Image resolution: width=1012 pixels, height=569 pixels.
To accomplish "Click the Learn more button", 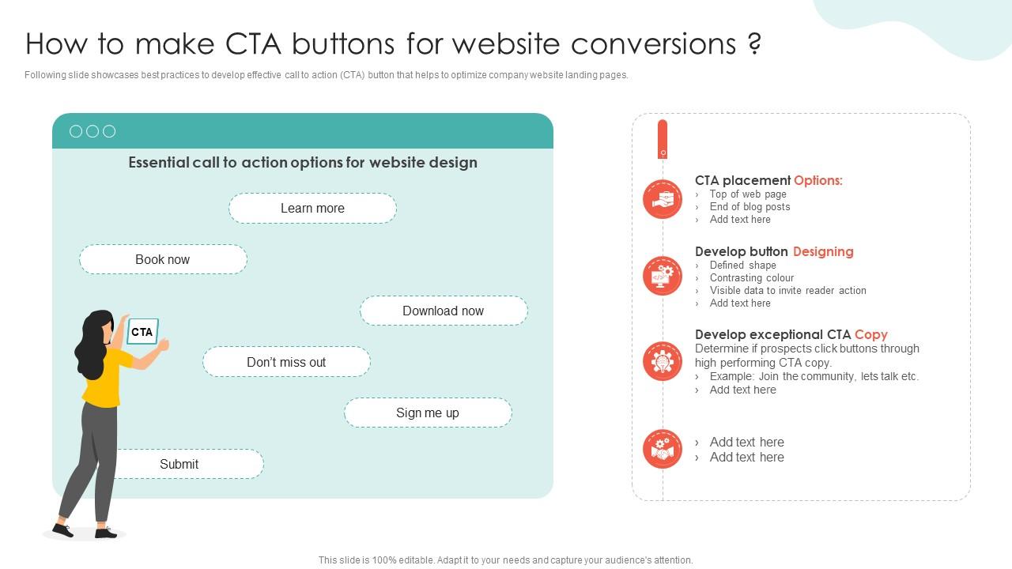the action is (x=312, y=208).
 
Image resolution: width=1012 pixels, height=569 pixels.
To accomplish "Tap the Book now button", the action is (x=163, y=259).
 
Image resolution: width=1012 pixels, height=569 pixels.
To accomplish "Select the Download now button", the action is (x=444, y=311).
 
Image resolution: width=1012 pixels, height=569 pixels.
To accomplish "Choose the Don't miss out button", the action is (x=286, y=362).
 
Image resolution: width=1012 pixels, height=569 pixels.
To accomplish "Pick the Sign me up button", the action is (x=428, y=413).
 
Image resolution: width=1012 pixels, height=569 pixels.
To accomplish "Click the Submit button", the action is (x=190, y=464).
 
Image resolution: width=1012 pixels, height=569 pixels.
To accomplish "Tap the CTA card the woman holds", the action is (x=142, y=331).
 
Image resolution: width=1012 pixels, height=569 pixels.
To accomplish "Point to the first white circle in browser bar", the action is (x=76, y=131).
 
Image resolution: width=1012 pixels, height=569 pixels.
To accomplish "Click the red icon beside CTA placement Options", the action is (x=663, y=199).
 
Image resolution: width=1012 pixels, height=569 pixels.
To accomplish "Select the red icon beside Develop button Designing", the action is (x=663, y=276).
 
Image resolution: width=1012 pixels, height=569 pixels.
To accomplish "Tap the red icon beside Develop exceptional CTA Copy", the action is (x=663, y=361).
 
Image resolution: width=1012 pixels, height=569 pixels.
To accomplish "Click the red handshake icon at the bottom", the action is (x=663, y=449).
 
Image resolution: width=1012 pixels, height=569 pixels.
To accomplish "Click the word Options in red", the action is (x=818, y=181).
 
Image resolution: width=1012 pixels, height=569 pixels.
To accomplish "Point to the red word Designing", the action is (x=823, y=252).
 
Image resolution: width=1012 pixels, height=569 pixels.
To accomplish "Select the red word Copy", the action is (x=871, y=334).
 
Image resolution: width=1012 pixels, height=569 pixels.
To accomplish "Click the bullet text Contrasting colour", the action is (x=752, y=277).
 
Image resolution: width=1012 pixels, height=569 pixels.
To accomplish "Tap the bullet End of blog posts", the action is (x=750, y=207).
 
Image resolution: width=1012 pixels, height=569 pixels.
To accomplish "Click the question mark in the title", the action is (x=754, y=43).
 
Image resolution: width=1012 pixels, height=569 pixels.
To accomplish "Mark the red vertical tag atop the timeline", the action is (x=663, y=139).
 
